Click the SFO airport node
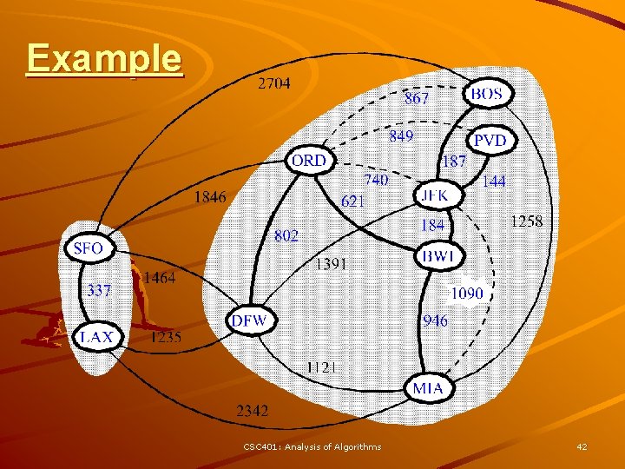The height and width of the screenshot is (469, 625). click(88, 248)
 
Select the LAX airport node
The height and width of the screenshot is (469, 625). click(96, 337)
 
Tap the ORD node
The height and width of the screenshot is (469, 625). click(309, 161)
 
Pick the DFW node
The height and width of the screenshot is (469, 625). click(250, 321)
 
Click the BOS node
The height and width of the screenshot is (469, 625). click(489, 94)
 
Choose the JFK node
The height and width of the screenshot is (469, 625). click(435, 195)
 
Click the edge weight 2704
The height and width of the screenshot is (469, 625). click(274, 84)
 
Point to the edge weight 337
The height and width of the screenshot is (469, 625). click(99, 290)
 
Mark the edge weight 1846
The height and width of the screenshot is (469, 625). click(210, 197)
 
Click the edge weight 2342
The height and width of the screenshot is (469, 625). click(253, 410)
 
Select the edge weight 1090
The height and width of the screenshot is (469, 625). click(467, 294)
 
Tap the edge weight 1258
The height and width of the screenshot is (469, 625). click(527, 221)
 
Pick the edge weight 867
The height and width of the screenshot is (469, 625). click(417, 98)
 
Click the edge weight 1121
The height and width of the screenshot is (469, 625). click(324, 367)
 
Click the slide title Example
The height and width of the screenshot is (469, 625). click(104, 58)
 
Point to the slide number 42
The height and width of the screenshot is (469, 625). click(582, 446)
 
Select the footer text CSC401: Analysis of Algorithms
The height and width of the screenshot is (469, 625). click(312, 446)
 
